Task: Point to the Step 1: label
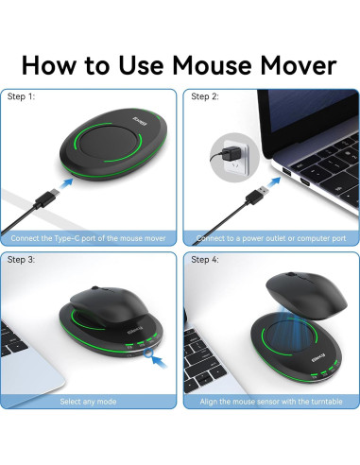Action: pyautogui.click(x=22, y=96)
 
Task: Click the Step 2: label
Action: pyautogui.click(x=205, y=96)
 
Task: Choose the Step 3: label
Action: pyautogui.click(x=22, y=259)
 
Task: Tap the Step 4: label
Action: pyautogui.click(x=205, y=259)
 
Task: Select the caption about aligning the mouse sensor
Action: pyautogui.click(x=270, y=401)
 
